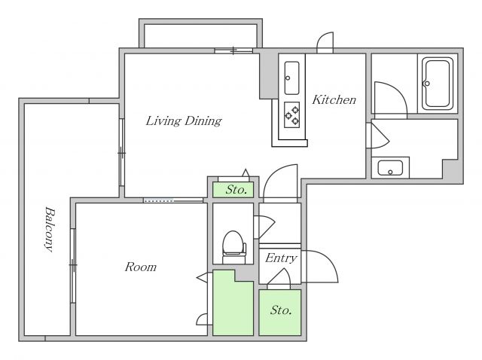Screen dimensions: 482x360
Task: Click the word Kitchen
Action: click(x=334, y=99)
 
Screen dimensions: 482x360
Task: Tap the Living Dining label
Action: click(x=184, y=121)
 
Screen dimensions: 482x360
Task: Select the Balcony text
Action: click(x=49, y=230)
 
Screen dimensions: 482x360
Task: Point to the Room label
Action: click(x=141, y=267)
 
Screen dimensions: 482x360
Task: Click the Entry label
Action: click(x=281, y=258)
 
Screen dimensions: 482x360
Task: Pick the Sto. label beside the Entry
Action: click(x=281, y=310)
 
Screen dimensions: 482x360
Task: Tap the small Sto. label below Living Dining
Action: click(x=236, y=190)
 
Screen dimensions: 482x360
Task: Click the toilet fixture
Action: click(x=234, y=248)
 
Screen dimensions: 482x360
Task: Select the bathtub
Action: click(x=438, y=84)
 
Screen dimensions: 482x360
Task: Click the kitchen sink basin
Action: click(x=291, y=78)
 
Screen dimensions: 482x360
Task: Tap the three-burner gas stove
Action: click(x=291, y=114)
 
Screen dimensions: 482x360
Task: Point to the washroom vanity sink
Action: click(x=390, y=168)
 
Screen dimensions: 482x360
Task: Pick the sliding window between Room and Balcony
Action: click(x=73, y=266)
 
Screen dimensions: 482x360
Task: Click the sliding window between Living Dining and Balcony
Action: click(x=122, y=152)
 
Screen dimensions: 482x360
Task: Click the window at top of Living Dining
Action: click(x=233, y=50)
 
